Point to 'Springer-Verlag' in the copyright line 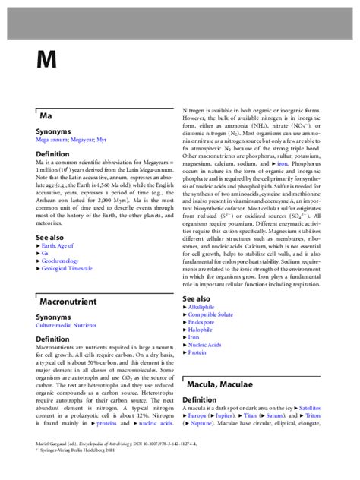click(62, 471)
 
